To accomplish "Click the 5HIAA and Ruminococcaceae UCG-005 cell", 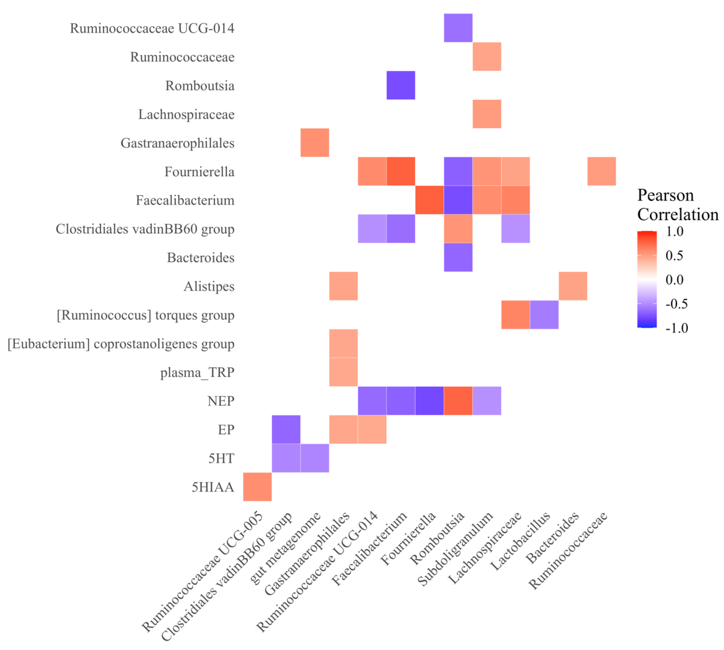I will [x=257, y=486].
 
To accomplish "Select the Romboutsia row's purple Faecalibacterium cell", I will [x=401, y=85].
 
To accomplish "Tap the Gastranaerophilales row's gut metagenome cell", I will [x=315, y=142].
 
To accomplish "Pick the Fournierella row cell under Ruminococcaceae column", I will [x=602, y=171].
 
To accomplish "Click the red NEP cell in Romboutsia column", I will [x=458, y=400].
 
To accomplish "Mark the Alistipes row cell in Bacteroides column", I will [x=573, y=286].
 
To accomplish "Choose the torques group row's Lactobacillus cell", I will [x=544, y=314].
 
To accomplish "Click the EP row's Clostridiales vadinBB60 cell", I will [x=286, y=429].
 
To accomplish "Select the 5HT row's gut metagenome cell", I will [x=315, y=458].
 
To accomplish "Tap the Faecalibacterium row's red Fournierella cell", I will [x=430, y=200].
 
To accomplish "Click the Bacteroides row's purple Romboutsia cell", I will [x=458, y=257].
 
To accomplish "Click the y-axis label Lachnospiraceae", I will [x=186, y=114].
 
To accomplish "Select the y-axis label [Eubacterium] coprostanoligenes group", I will [x=121, y=343].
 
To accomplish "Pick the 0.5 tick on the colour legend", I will [x=674, y=255].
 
